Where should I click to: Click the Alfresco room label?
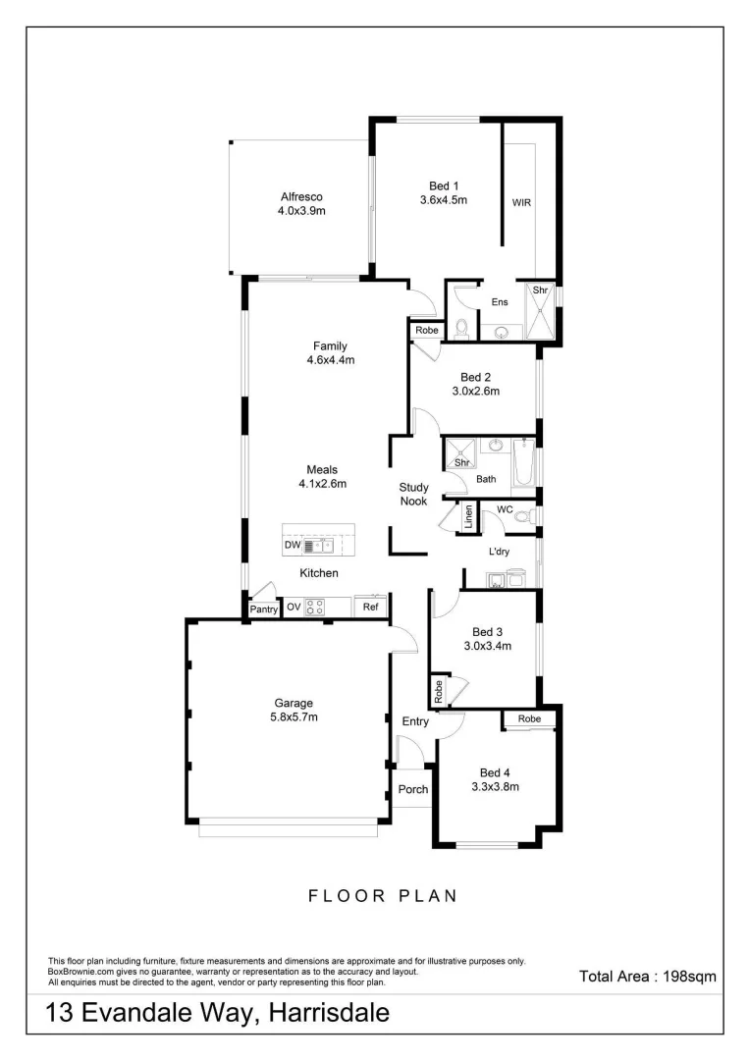tap(300, 196)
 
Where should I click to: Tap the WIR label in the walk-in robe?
tap(520, 203)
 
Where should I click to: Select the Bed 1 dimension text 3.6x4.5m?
tap(443, 200)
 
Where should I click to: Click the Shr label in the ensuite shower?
tap(539, 291)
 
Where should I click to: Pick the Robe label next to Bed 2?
tap(426, 331)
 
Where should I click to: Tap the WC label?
tap(505, 509)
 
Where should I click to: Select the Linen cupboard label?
tap(468, 516)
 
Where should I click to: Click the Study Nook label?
tap(412, 495)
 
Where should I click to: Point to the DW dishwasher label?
tap(293, 546)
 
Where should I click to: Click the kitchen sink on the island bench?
tap(322, 546)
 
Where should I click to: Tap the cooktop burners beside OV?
tap(315, 608)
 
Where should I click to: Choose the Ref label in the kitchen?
tap(370, 608)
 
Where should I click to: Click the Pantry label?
tap(263, 609)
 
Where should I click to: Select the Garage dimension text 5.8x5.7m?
tap(294, 717)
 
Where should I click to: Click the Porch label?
tap(413, 789)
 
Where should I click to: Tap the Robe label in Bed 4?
tap(529, 719)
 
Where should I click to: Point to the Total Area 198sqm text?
tap(648, 976)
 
